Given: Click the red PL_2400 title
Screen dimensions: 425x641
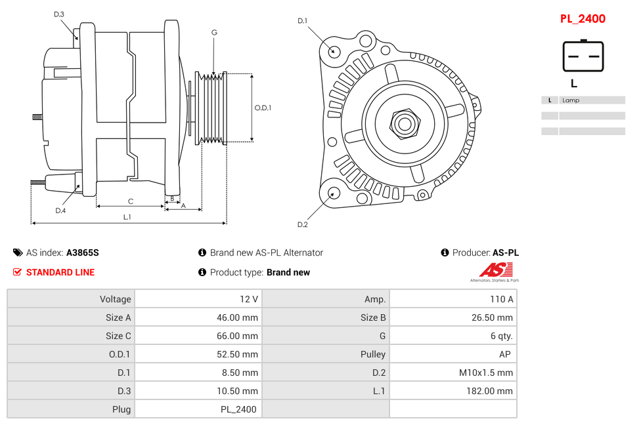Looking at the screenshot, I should pyautogui.click(x=583, y=19).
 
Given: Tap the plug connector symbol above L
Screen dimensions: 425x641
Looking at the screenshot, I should pyautogui.click(x=583, y=56).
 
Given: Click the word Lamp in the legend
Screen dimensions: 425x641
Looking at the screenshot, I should pyautogui.click(x=571, y=100).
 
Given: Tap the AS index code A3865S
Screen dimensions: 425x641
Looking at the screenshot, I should pyautogui.click(x=83, y=253).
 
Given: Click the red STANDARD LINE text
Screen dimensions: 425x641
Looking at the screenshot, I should pyautogui.click(x=60, y=272).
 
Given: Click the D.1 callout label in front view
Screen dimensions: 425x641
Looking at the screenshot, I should pyautogui.click(x=302, y=21).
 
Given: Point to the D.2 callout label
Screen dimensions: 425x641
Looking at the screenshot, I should pyautogui.click(x=302, y=224).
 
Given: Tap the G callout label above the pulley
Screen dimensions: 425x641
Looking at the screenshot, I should pyautogui.click(x=214, y=32).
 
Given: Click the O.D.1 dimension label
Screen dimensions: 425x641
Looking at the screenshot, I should pyautogui.click(x=263, y=108).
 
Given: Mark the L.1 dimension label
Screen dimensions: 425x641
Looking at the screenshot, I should pyautogui.click(x=127, y=217).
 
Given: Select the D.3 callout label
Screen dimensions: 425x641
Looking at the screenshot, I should pyautogui.click(x=59, y=14).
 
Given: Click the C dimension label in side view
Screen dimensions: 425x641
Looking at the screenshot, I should pyautogui.click(x=131, y=201).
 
